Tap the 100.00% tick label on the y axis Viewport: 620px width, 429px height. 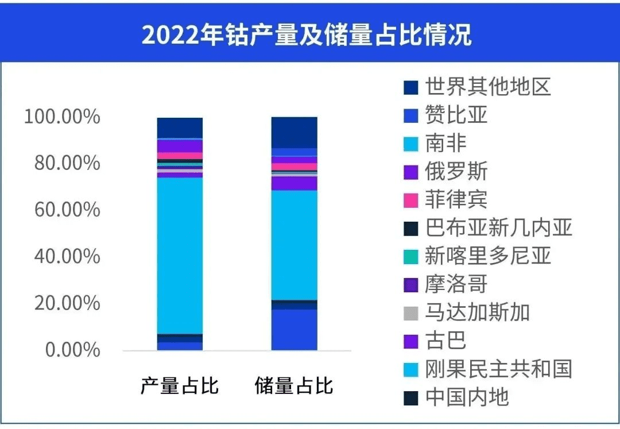pyautogui.click(x=62, y=117)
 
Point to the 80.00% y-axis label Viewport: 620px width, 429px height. pyautogui.click(x=67, y=163)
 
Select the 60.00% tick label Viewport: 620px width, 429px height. pyautogui.click(x=67, y=210)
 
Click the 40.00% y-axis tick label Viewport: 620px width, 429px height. pyautogui.click(x=67, y=256)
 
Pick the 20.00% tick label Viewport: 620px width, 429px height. pyautogui.click(x=67, y=303)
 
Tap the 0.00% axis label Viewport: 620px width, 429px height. pyautogui.click(x=72, y=349)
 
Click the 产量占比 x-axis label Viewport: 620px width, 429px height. pyautogui.click(x=180, y=385)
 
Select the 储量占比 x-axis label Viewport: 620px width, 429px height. pyautogui.click(x=294, y=385)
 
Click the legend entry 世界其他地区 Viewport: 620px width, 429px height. pyautogui.click(x=488, y=87)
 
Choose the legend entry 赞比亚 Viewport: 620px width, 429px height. pyautogui.click(x=456, y=115)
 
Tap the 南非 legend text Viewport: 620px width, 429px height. pyautogui.click(x=446, y=144)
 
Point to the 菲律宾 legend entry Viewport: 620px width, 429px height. pyautogui.click(x=456, y=200)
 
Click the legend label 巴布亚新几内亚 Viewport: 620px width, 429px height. pyautogui.click(x=498, y=228)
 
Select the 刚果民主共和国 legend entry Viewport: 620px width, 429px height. pyautogui.click(x=498, y=369)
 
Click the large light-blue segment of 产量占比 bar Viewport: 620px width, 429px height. pyautogui.click(x=180, y=256)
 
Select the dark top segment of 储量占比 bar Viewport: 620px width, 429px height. pyautogui.click(x=294, y=132)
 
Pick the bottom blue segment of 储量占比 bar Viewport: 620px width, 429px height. pyautogui.click(x=294, y=330)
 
